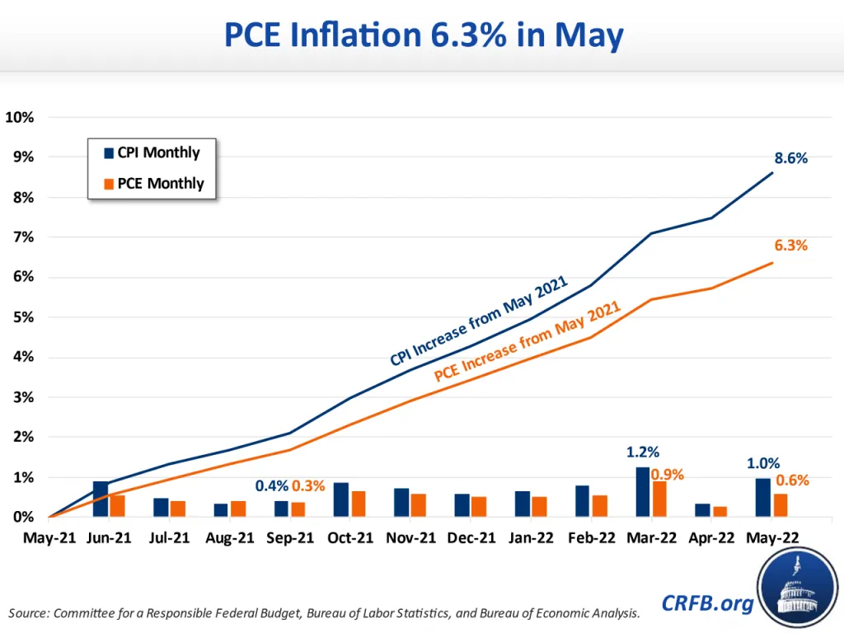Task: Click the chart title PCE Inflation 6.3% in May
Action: pos(422,37)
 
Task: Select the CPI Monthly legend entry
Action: pos(152,152)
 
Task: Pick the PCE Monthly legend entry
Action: pos(152,183)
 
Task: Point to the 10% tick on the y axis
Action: pos(20,117)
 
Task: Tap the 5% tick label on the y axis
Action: pos(23,317)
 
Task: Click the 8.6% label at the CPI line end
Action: pos(790,158)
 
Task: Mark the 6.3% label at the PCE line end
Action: pos(790,246)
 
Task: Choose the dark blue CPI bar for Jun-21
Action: pos(101,499)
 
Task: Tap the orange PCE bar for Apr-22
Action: pos(720,511)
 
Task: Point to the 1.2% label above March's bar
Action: pos(643,452)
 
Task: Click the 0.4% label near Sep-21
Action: pos(272,486)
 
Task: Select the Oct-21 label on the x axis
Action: pos(351,537)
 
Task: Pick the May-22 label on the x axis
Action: pos(772,537)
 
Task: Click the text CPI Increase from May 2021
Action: pos(481,322)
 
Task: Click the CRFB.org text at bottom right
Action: pos(707,604)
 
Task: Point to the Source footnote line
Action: pos(324,613)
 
